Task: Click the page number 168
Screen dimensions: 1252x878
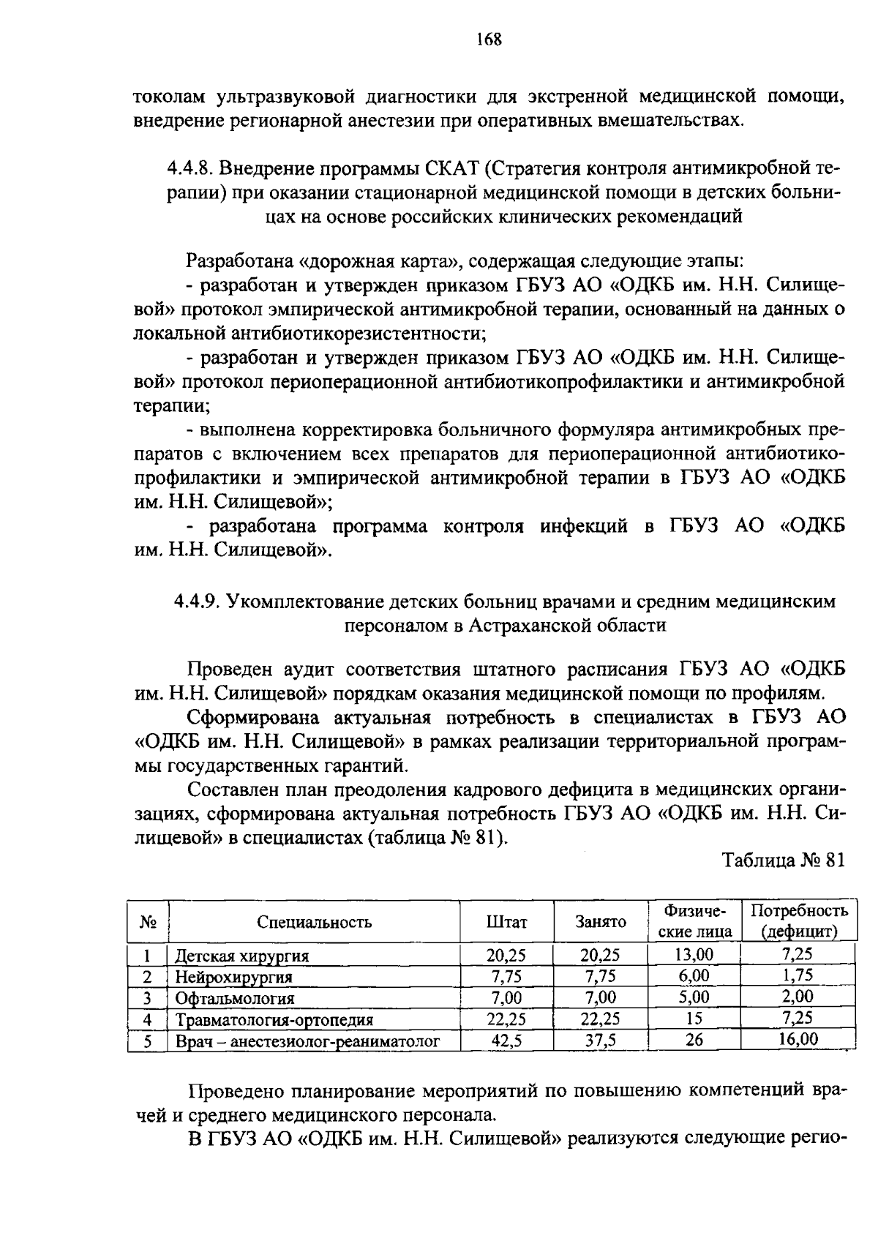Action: tap(488, 40)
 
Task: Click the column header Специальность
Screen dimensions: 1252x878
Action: tap(314, 922)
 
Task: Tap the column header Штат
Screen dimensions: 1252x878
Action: tap(506, 922)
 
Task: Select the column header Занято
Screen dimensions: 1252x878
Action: tap(600, 922)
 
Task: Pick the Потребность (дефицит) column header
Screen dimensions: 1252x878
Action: tap(798, 921)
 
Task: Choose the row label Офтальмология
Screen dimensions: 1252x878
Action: tap(235, 998)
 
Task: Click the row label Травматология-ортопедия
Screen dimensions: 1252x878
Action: tap(274, 1019)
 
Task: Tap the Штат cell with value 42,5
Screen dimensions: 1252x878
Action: tap(506, 1040)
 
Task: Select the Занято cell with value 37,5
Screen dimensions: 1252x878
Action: tap(600, 1040)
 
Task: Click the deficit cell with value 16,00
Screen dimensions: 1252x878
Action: tap(798, 1039)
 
